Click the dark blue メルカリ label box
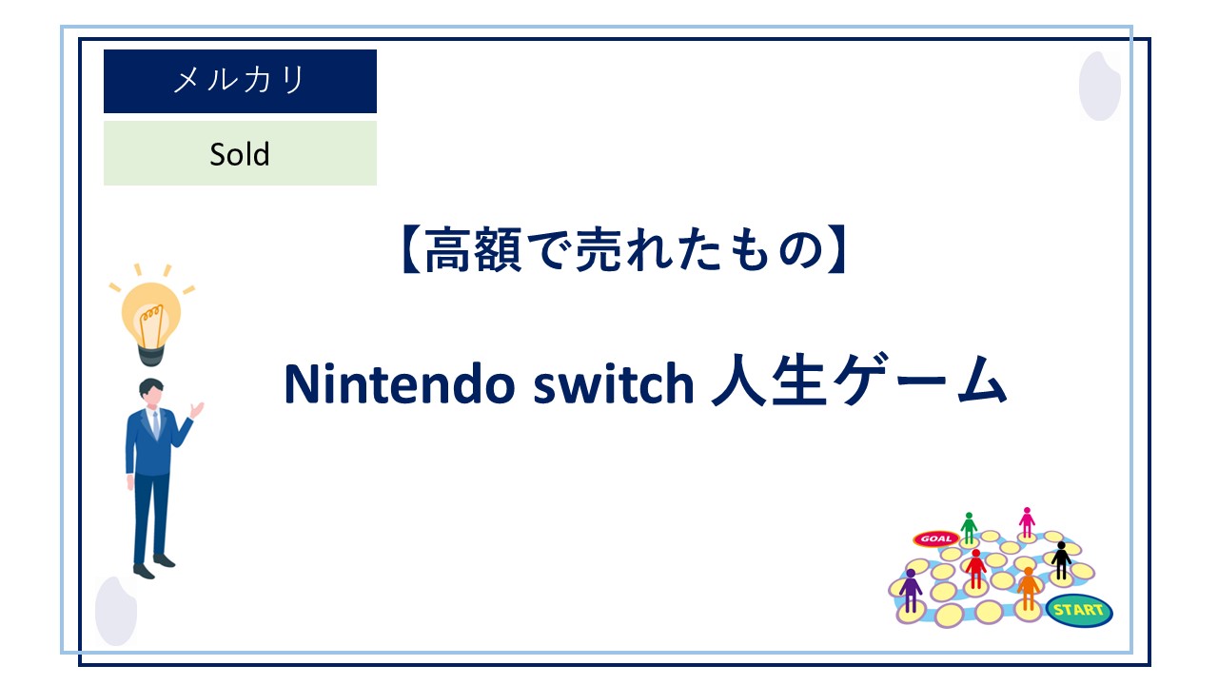240,81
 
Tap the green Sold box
240,153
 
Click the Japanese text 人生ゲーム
859,382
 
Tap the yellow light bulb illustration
149,319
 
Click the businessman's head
151,394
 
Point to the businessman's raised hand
197,410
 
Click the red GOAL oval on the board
934,538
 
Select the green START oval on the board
1078,610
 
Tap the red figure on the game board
975,568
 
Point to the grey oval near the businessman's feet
116,611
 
